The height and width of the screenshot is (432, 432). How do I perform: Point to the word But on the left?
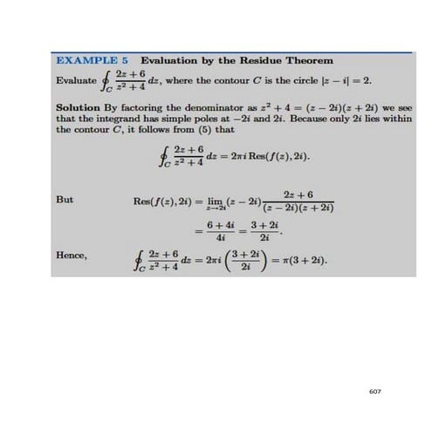64,199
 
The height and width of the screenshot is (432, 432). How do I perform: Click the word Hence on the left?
70,258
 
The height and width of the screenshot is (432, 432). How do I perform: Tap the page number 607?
375,391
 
